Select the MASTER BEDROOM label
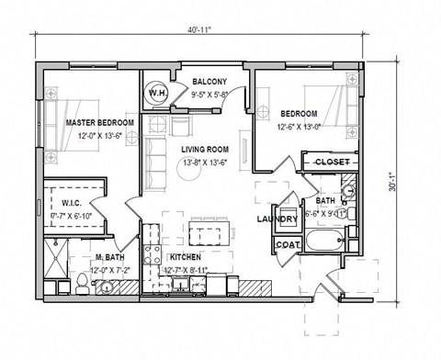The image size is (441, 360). pyautogui.click(x=99, y=122)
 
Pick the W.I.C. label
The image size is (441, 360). pyautogui.click(x=73, y=204)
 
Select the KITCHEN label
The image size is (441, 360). pyautogui.click(x=187, y=259)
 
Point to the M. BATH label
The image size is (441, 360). pyautogui.click(x=108, y=259)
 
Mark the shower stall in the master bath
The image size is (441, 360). pyautogui.click(x=55, y=263)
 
